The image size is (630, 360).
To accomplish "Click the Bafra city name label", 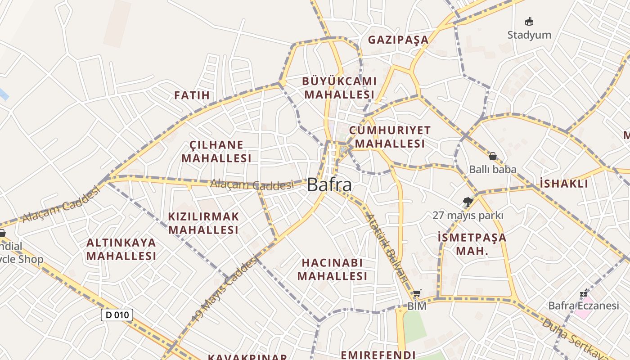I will tap(329, 185).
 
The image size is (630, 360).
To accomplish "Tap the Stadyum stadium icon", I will tap(529, 21).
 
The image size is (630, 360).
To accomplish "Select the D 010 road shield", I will tap(117, 315).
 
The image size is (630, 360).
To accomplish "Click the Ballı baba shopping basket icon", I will tap(493, 156).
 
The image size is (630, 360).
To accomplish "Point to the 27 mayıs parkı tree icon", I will tap(468, 202).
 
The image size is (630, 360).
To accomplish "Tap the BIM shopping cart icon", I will tap(417, 293).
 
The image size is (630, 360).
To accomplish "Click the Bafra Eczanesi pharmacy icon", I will tap(584, 293).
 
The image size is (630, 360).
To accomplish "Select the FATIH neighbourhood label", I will tap(192, 95).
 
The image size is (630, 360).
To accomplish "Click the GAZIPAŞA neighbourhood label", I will tap(398, 40).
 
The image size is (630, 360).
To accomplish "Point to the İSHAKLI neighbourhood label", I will tap(564, 184).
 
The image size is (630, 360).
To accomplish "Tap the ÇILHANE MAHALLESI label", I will tap(216, 152).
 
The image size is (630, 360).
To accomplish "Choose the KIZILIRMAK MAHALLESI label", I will tap(203, 223).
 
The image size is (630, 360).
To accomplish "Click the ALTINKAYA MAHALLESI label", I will tap(121, 249).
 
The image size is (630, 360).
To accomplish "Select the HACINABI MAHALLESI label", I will tap(333, 270).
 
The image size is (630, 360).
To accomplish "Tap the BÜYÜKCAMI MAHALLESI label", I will tap(339, 88).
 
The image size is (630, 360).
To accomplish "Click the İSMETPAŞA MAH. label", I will tap(472, 244).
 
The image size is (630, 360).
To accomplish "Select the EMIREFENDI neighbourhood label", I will tap(378, 355).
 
